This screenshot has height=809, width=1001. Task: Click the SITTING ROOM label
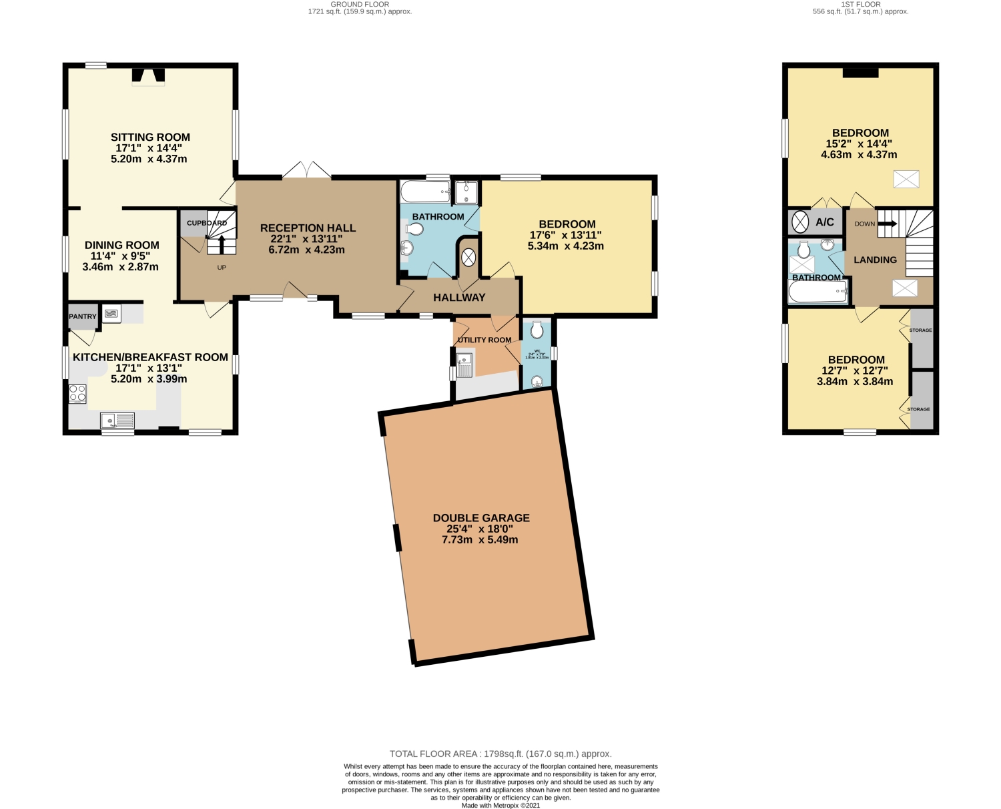(150, 138)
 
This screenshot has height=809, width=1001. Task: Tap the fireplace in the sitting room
(147, 76)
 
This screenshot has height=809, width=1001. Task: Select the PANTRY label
(83, 316)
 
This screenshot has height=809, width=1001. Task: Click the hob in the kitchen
(77, 394)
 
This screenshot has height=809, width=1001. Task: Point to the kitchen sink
(117, 421)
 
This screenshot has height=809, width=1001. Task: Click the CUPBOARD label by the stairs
(206, 223)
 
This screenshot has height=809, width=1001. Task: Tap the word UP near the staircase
(222, 268)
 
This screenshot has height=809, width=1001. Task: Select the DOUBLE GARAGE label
(481, 518)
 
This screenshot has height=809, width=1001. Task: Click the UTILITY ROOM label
(484, 340)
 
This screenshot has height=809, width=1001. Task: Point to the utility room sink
(464, 366)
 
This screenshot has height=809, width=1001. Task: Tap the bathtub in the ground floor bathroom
(425, 193)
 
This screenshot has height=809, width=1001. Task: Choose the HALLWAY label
(459, 298)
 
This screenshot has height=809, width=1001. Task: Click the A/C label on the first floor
(825, 222)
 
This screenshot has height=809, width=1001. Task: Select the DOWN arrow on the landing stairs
(887, 224)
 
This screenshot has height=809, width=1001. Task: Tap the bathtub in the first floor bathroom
(817, 292)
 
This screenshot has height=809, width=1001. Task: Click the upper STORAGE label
(921, 330)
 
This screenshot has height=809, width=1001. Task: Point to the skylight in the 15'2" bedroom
(906, 179)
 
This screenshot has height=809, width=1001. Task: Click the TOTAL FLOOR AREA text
(500, 754)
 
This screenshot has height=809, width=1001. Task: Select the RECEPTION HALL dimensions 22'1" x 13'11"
(308, 239)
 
